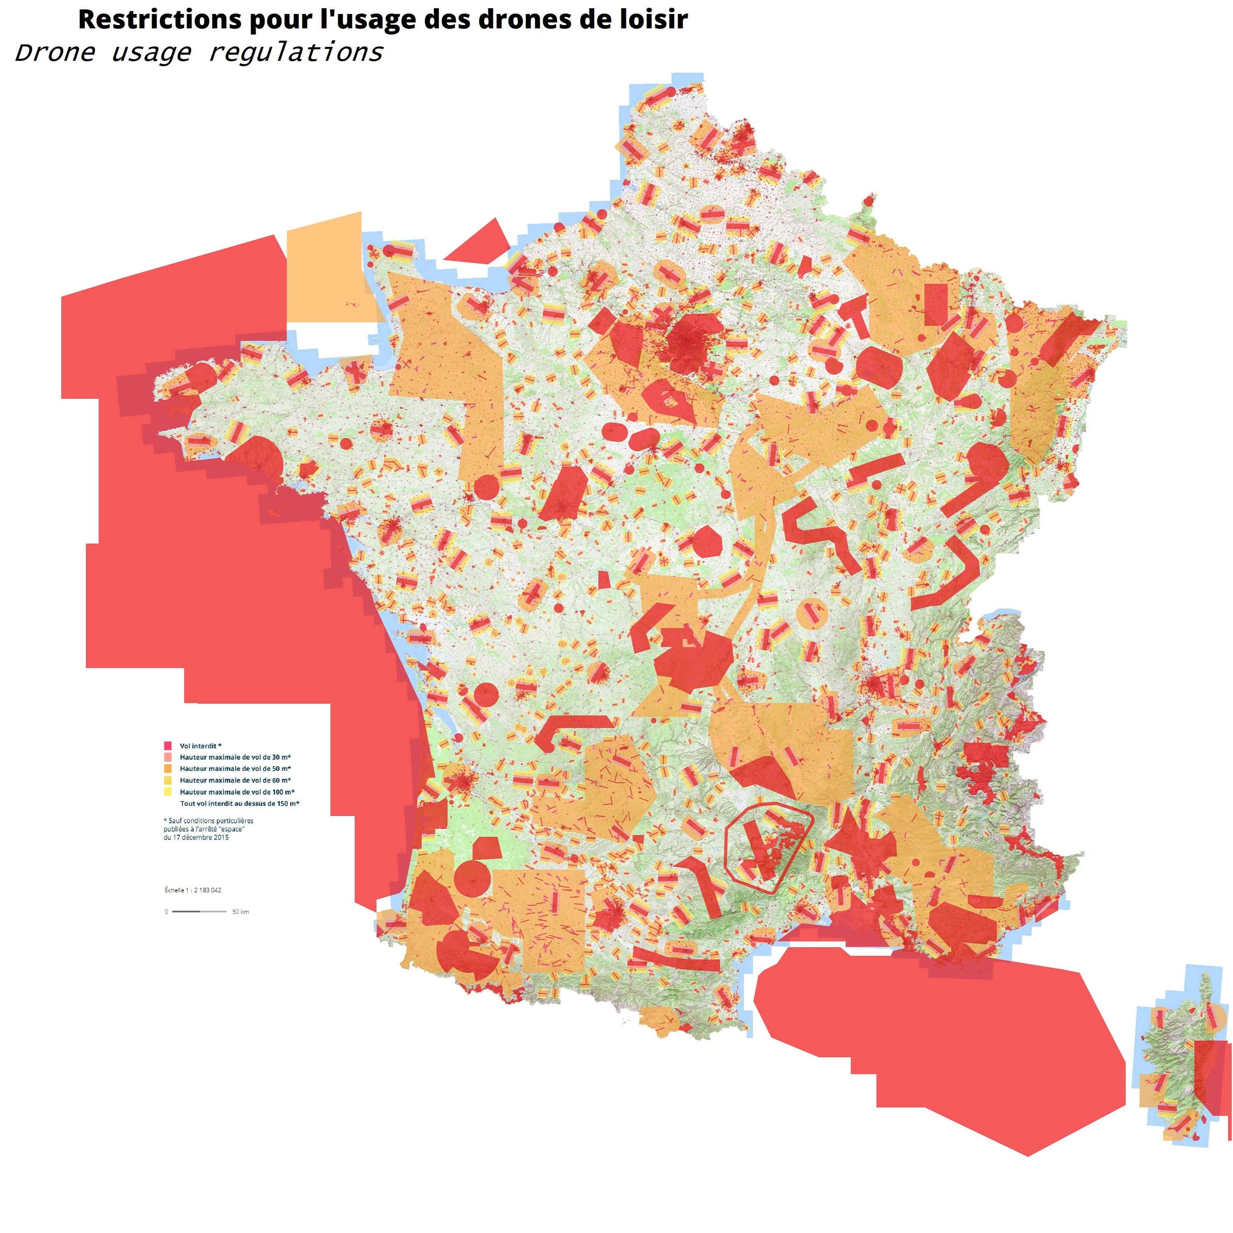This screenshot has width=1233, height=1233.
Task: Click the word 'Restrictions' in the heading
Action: (159, 20)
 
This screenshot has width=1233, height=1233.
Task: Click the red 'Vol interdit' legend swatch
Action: (168, 746)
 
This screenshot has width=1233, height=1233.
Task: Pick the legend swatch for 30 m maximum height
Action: (168, 757)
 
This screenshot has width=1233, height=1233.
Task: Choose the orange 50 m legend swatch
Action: (168, 769)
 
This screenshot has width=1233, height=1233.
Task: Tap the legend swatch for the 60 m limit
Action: (168, 780)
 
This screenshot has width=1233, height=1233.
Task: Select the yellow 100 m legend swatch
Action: (168, 791)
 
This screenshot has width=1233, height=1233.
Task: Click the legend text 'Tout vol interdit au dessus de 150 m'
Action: (239, 804)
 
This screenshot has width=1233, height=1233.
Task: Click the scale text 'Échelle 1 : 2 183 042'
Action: (193, 890)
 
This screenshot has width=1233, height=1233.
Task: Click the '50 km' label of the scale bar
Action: (240, 912)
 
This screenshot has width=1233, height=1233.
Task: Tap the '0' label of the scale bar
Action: (166, 912)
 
